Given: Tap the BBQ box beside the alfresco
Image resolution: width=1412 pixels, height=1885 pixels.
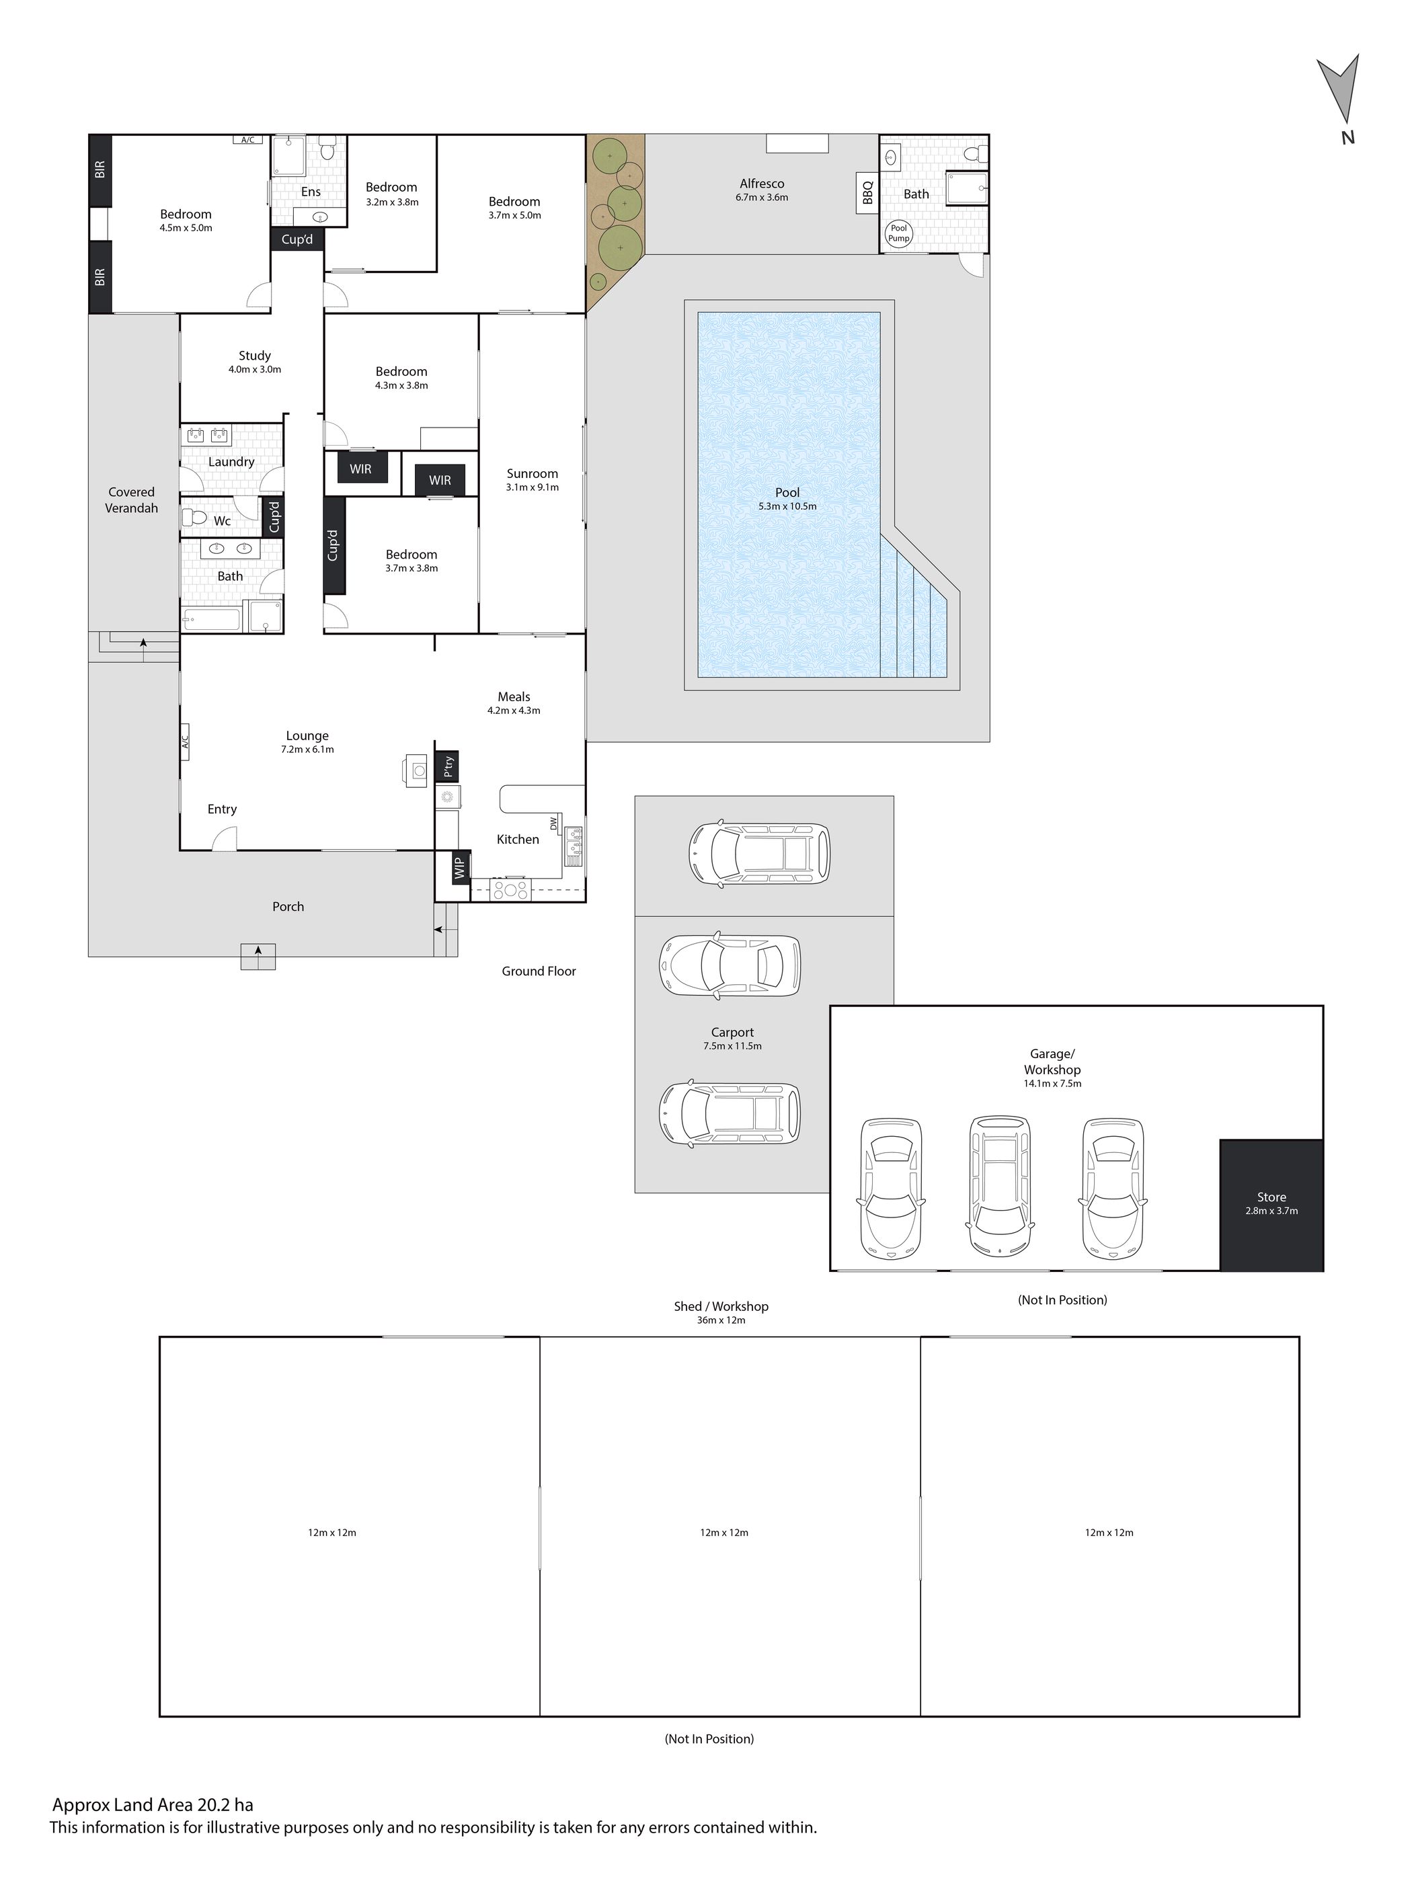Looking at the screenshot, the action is (867, 194).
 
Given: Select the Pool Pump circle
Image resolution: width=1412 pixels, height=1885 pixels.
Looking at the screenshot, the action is (899, 233).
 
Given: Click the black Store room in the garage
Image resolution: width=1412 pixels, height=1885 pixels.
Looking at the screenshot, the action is (1271, 1205).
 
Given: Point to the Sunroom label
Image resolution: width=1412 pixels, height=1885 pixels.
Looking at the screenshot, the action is (532, 474).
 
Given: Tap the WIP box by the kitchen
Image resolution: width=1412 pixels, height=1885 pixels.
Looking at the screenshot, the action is (460, 869).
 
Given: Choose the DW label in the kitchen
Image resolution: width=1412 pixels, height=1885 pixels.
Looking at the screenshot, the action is (554, 824).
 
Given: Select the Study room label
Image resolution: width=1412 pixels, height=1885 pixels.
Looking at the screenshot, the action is (255, 356).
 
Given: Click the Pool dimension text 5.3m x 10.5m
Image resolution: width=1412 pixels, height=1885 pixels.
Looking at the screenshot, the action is (787, 506).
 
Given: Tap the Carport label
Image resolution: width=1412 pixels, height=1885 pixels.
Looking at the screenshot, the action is (733, 1032).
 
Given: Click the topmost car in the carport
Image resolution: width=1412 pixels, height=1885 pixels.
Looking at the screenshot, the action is (758, 853).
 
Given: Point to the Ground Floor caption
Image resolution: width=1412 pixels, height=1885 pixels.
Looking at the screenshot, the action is (539, 971).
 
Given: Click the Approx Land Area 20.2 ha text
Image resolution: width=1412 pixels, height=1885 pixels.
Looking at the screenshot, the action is (153, 1805).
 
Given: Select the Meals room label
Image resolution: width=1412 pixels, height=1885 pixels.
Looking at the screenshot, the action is (514, 697).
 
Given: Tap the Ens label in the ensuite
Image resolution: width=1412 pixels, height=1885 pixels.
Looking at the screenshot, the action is (311, 192).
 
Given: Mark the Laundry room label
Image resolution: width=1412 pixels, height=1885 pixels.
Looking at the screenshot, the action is (232, 462).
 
